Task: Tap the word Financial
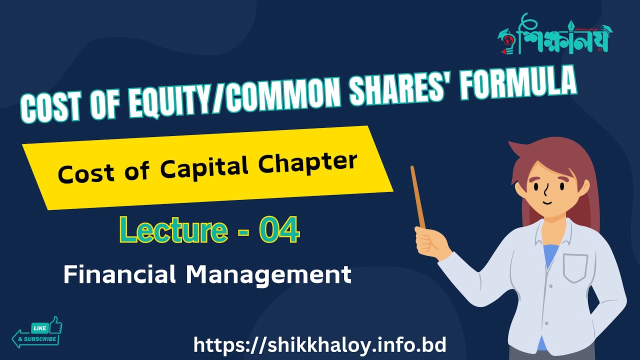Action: coord(120,274)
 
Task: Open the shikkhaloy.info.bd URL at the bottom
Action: coord(319,345)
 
